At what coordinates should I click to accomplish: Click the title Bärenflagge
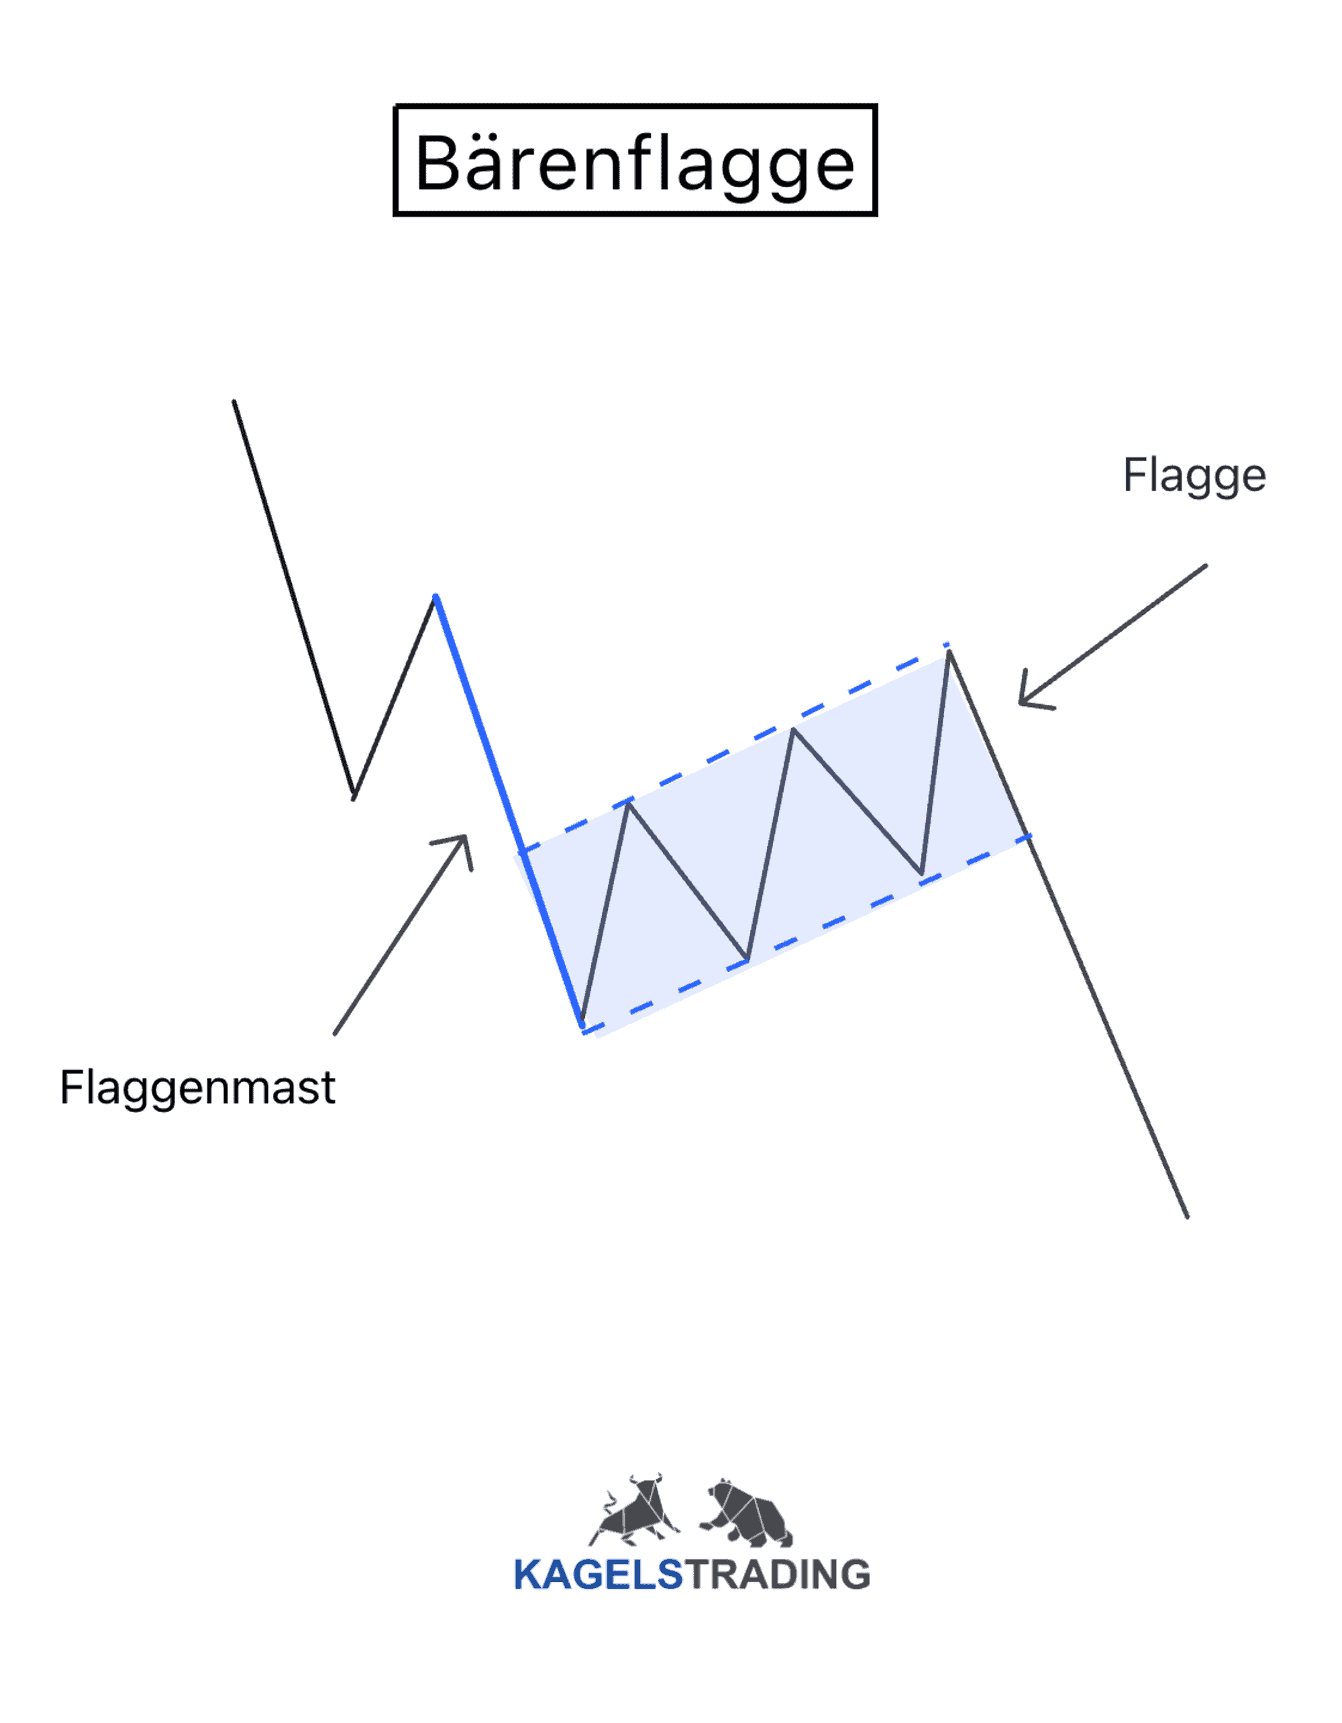pos(635,163)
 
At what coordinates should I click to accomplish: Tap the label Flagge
pos(1194,477)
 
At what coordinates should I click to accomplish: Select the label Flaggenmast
pos(198,1089)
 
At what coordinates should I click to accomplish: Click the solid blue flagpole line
pos(509,811)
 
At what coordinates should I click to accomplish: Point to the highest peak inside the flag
pos(949,652)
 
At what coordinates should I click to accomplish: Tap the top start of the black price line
pos(234,402)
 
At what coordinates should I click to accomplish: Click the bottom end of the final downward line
pos(1188,1218)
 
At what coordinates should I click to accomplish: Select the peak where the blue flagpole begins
pos(435,597)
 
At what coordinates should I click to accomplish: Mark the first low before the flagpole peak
pos(353,798)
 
